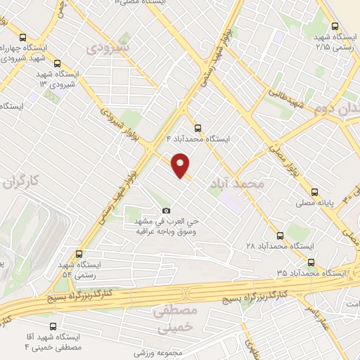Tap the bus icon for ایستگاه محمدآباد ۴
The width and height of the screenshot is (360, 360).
point(197,128)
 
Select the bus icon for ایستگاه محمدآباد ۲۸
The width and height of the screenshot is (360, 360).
point(281,236)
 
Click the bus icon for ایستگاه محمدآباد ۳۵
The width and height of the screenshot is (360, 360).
point(310,272)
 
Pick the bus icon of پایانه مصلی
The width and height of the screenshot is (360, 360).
point(314,191)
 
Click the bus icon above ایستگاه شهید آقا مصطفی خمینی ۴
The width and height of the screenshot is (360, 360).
point(54,326)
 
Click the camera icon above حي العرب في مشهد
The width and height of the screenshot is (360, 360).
point(166,210)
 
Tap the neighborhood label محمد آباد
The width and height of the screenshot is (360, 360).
point(236,184)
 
